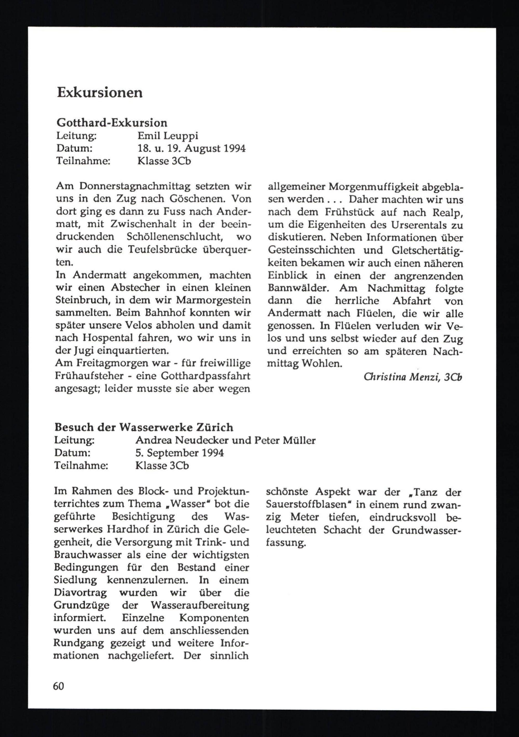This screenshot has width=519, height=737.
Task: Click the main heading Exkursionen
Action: [100, 93]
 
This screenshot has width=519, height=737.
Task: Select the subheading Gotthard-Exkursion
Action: [112, 123]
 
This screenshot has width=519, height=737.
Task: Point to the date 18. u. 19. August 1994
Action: [191, 148]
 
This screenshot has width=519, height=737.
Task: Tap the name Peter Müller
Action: [285, 440]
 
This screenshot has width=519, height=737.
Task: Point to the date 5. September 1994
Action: [180, 453]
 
